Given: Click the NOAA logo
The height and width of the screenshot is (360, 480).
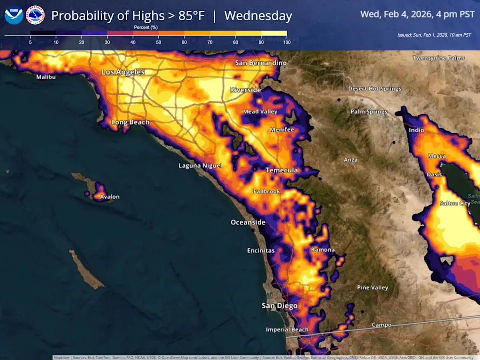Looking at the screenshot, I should (x=14, y=15).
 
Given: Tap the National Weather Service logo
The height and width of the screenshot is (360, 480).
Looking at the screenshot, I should (x=35, y=15).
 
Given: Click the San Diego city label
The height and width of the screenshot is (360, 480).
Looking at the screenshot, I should (x=280, y=305).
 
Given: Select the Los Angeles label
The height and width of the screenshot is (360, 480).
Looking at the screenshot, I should (x=123, y=72).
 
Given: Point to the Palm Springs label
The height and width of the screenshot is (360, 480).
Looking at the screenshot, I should (x=369, y=112).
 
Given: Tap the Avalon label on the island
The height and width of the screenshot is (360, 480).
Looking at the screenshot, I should (x=110, y=197).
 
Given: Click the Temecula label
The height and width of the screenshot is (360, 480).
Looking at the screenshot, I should (x=281, y=170).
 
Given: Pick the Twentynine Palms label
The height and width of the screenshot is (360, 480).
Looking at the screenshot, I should (x=439, y=58).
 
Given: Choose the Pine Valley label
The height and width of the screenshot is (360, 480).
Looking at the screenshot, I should (x=372, y=287).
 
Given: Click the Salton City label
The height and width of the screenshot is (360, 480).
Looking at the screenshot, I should (x=454, y=203).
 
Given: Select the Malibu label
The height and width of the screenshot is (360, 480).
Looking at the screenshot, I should (x=46, y=77).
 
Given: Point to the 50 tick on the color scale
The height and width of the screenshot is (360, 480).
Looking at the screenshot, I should (x=159, y=43).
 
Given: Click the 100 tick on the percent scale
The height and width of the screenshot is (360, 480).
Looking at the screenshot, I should (x=287, y=43).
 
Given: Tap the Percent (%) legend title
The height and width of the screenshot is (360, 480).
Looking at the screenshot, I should (x=146, y=27).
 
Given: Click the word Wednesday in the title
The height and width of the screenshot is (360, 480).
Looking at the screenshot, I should (x=258, y=15).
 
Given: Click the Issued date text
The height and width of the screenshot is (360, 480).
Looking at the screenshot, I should (x=434, y=35).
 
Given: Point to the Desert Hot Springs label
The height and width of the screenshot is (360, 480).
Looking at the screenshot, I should (x=374, y=89).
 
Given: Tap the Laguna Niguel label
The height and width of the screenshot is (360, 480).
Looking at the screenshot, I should (x=200, y=165).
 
